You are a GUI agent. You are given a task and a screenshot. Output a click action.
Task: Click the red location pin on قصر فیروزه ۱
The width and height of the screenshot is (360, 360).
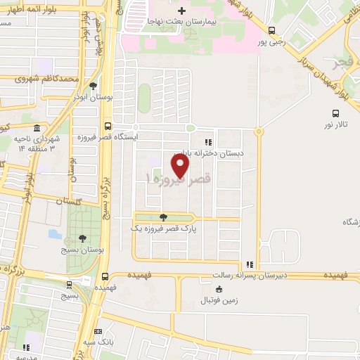tap(181, 165)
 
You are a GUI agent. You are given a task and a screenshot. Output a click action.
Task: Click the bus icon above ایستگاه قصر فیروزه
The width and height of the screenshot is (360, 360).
tap(107, 127)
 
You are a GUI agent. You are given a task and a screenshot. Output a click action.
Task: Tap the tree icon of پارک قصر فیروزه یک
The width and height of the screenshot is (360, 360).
tap(164, 217)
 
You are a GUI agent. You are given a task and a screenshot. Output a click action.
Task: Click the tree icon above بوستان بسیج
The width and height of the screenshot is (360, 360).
tap(84, 239)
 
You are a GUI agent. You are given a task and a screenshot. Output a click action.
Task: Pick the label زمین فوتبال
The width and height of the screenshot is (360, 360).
tap(222, 300)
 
